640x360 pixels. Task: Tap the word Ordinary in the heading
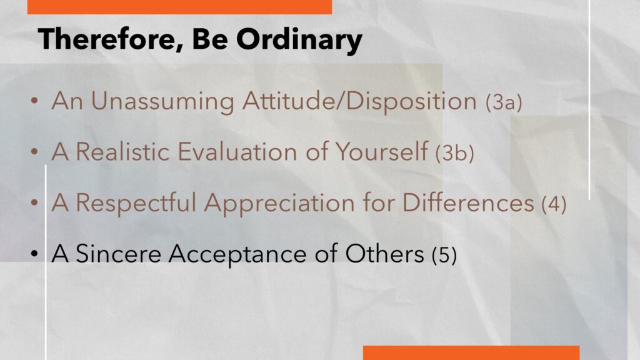pyautogui.click(x=299, y=41)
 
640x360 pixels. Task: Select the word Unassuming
pyautogui.click(x=162, y=101)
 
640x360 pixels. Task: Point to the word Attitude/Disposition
pyautogui.click(x=359, y=101)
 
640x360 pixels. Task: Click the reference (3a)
pyautogui.click(x=504, y=102)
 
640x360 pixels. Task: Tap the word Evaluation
pyautogui.click(x=237, y=152)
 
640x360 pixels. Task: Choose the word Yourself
pyautogui.click(x=382, y=151)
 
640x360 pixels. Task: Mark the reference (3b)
pyautogui.click(x=455, y=153)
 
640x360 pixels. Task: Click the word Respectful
pyautogui.click(x=136, y=203)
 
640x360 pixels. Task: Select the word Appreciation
pyautogui.click(x=279, y=203)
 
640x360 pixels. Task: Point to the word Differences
pyautogui.click(x=468, y=202)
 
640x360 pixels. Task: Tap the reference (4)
pyautogui.click(x=554, y=204)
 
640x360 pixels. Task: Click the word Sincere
pyautogui.click(x=118, y=254)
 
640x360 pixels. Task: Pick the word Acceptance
pyautogui.click(x=237, y=254)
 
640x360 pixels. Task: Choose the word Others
pyautogui.click(x=384, y=254)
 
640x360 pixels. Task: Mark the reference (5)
pyautogui.click(x=444, y=255)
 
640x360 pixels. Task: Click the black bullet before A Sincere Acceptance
pyautogui.click(x=34, y=254)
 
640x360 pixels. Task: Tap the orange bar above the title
pyautogui.click(x=179, y=7)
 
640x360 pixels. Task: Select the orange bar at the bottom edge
pyautogui.click(x=471, y=352)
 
